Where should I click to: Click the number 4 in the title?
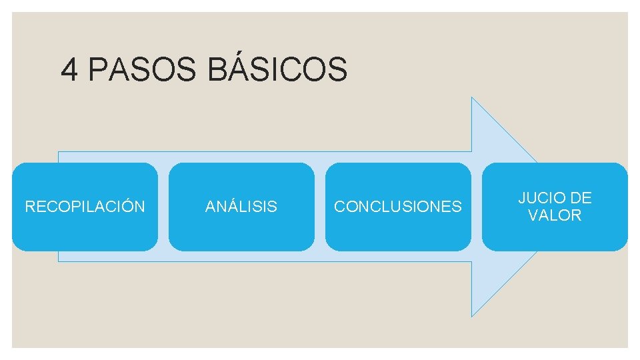pyautogui.click(x=69, y=69)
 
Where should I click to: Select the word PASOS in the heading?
pyautogui.click(x=142, y=69)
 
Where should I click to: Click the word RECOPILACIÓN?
pyautogui.click(x=85, y=207)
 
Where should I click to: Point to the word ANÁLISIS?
pyautogui.click(x=241, y=207)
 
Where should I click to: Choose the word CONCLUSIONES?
pyautogui.click(x=398, y=207)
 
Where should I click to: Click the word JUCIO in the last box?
pyautogui.click(x=541, y=198)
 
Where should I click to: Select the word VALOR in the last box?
pyautogui.click(x=555, y=215)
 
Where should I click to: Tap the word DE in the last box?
pyautogui.click(x=581, y=198)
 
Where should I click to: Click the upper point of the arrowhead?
pyautogui.click(x=473, y=98)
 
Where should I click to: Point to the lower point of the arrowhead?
pyautogui.click(x=473, y=315)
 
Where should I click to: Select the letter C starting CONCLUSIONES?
pyautogui.click(x=339, y=207)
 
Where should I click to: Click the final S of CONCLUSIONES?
pyautogui.click(x=457, y=207)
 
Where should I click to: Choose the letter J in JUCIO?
pyautogui.click(x=522, y=198)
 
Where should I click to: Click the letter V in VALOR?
pyautogui.click(x=533, y=215)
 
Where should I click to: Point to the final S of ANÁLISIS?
pyautogui.click(x=273, y=207)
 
